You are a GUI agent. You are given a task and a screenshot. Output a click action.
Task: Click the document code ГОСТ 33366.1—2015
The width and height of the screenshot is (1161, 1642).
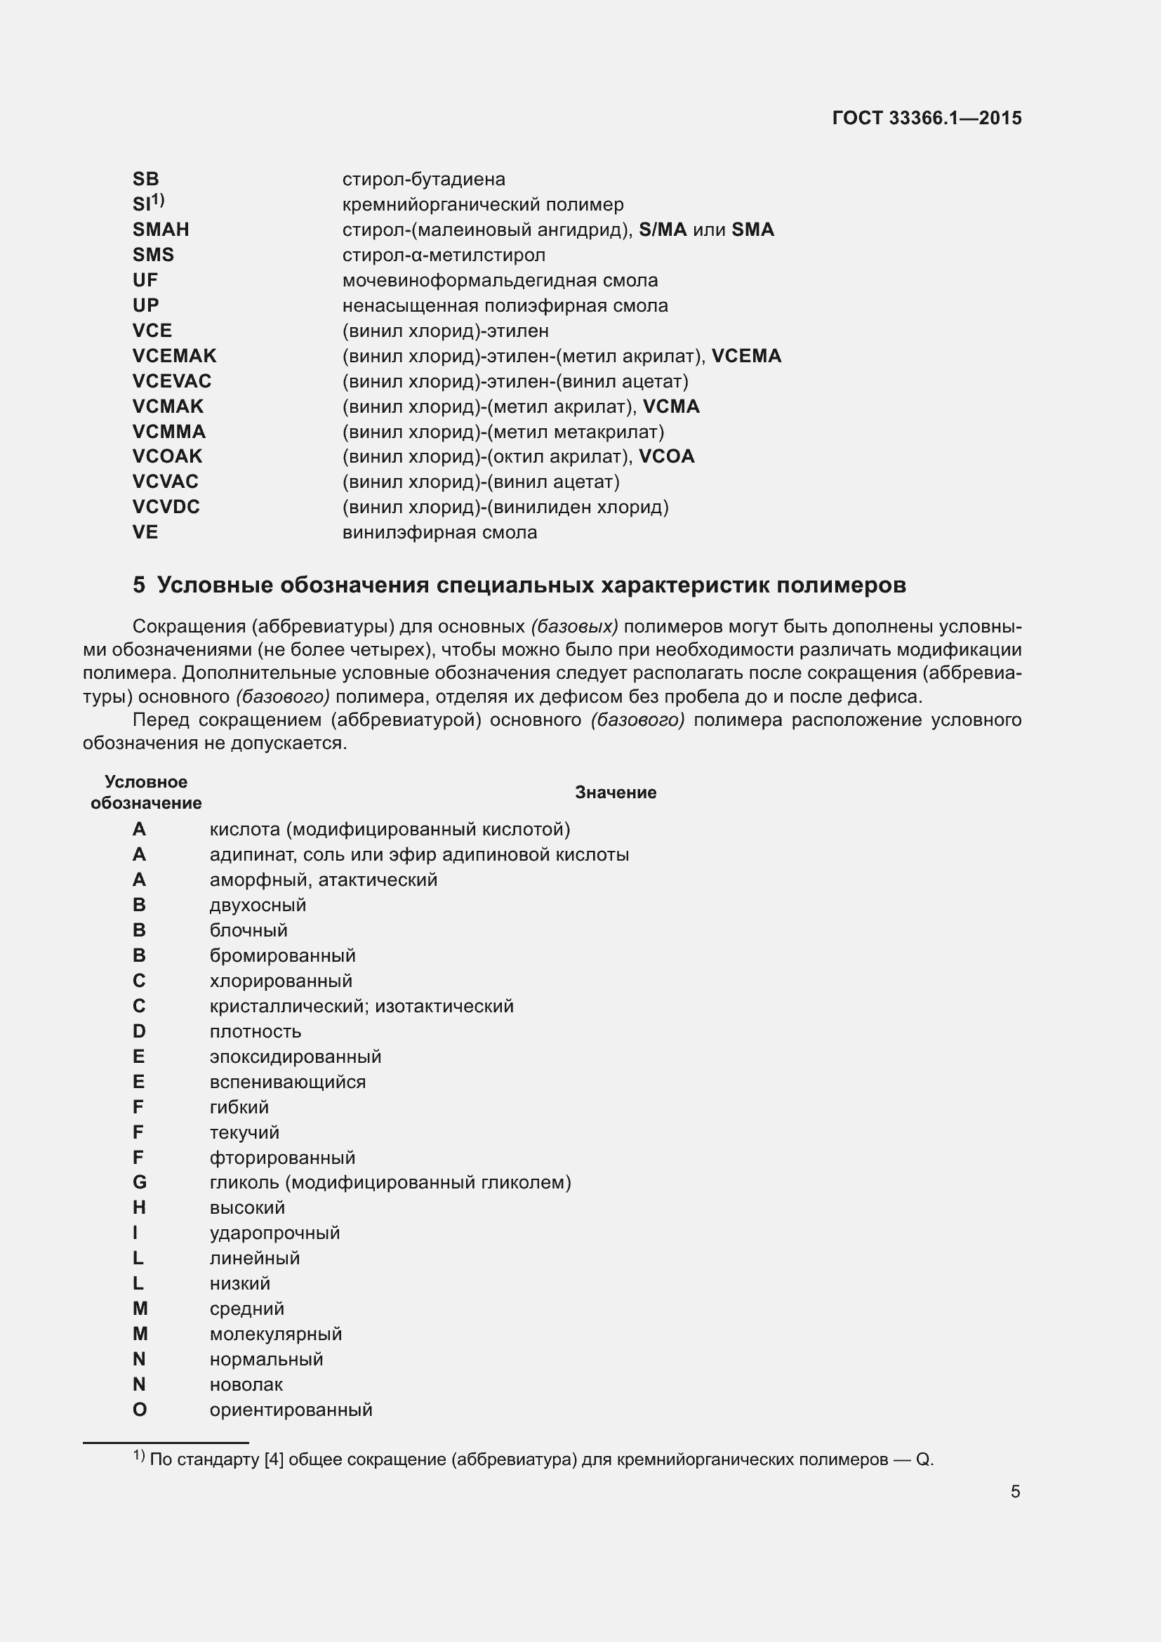coord(927,118)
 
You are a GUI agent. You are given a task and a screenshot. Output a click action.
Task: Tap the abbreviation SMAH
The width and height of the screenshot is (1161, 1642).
coord(161,230)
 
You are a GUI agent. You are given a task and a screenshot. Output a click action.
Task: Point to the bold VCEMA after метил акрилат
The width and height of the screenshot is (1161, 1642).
coord(746,356)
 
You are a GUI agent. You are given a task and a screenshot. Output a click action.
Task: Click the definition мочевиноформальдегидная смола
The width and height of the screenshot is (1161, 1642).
coord(500,280)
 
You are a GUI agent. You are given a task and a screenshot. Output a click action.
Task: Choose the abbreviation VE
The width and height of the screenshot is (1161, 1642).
coord(145,532)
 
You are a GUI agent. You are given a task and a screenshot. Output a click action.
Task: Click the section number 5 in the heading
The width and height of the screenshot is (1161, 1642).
coord(139,585)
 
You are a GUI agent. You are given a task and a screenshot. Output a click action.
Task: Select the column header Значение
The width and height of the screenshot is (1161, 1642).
coord(616,793)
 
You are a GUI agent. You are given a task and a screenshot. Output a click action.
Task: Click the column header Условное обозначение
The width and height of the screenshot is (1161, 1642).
coord(146,793)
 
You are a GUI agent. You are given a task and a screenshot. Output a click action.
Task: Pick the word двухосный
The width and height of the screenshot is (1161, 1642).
coord(258,906)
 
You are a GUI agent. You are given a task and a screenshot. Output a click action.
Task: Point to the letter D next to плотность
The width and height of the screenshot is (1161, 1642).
coord(139,1031)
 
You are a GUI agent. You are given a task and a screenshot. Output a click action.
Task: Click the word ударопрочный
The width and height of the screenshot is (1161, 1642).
coord(274,1233)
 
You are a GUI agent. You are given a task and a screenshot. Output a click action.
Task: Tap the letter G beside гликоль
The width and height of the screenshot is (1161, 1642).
coord(140,1182)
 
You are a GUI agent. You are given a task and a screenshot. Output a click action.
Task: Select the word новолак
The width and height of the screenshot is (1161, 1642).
coord(246,1384)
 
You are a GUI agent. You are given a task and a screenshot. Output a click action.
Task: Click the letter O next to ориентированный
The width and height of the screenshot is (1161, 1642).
coord(140,1410)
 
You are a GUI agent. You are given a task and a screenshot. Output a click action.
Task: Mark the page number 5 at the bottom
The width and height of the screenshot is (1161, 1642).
coord(1015,1492)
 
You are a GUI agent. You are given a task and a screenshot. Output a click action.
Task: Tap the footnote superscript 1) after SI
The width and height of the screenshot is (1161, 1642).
coord(158,199)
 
